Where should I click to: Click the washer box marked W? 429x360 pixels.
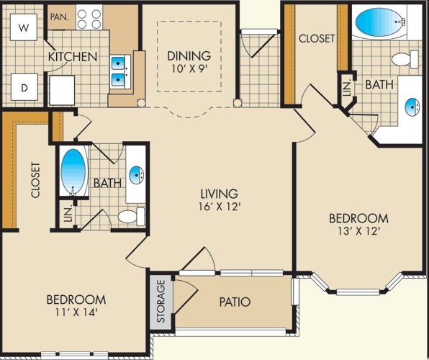[24, 27]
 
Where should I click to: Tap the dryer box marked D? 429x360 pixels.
[24, 87]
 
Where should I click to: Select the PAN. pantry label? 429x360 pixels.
[60, 17]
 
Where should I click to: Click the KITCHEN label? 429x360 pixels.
[73, 57]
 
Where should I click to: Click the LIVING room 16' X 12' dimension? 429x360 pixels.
[220, 207]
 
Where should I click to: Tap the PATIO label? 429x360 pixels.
[235, 302]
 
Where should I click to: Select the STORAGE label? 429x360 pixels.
[161, 301]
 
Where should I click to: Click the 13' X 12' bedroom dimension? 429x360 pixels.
[358, 231]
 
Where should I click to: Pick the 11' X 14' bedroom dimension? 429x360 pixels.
[76, 312]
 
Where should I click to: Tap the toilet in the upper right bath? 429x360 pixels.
[405, 59]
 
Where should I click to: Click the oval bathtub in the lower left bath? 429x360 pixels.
[73, 171]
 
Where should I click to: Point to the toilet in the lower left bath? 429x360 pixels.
[131, 216]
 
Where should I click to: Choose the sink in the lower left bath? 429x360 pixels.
[136, 175]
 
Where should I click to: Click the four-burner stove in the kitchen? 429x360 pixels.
[89, 18]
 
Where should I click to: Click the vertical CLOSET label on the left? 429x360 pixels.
[35, 180]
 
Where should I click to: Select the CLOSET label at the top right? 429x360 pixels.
[317, 39]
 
